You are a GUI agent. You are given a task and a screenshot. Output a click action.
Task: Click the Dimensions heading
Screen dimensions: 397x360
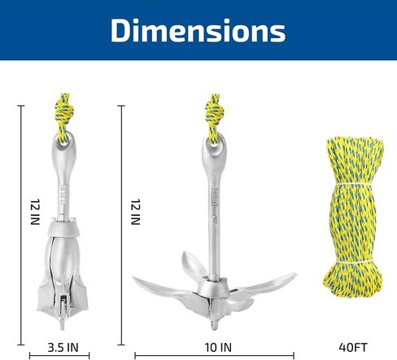tap(198, 30)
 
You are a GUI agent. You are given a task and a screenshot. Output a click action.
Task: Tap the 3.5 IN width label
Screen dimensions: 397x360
tap(63, 348)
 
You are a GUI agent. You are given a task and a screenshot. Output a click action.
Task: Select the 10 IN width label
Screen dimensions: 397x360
tap(218, 348)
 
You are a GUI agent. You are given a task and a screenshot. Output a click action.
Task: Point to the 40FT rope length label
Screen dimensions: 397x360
tap(353, 348)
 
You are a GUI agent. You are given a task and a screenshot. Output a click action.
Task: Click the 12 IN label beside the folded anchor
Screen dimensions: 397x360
tap(35, 212)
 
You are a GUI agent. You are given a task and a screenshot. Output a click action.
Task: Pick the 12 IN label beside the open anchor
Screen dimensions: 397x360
tap(136, 212)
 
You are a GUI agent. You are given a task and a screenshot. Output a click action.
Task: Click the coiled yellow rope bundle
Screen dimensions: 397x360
tap(353, 217)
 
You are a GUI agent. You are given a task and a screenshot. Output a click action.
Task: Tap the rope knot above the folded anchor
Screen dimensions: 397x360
tap(64, 112)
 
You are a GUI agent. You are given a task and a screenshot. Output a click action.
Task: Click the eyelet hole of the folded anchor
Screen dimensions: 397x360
tap(64, 139)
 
